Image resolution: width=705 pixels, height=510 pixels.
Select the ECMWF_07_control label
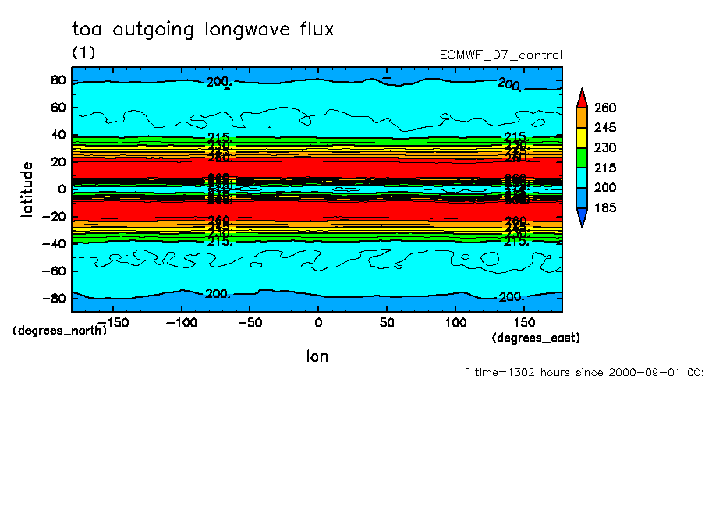(x=501, y=55)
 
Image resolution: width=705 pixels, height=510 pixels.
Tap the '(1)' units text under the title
(x=83, y=53)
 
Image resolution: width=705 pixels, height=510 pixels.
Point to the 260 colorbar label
(x=606, y=107)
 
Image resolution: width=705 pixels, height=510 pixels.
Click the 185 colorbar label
(x=606, y=207)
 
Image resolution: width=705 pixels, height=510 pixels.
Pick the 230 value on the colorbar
(x=606, y=147)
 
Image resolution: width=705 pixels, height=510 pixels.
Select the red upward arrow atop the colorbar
(x=581, y=97)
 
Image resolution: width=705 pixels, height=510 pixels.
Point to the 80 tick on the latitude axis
(x=57, y=80)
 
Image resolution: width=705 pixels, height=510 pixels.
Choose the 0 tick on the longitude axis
(x=317, y=322)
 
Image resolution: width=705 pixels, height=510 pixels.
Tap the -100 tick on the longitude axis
(x=180, y=322)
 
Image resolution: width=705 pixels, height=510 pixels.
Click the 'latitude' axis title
(x=27, y=189)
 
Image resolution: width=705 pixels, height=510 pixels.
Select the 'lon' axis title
(x=317, y=356)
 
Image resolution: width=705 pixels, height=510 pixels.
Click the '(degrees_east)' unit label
(x=536, y=337)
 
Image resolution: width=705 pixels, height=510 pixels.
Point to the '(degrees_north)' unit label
(x=59, y=330)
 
